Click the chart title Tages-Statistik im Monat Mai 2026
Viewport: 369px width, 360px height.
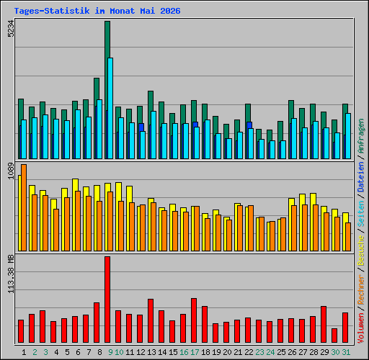[97, 11]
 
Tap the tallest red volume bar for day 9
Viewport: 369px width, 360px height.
[107, 300]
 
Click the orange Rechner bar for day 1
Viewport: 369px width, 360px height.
[24, 207]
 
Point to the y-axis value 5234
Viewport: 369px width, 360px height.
[11, 29]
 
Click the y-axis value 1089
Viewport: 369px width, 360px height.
[11, 171]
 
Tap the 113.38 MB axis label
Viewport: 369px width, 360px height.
[11, 274]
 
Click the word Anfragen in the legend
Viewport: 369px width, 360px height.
[360, 136]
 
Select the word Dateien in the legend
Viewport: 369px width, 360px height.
[360, 177]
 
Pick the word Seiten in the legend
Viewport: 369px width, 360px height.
[360, 214]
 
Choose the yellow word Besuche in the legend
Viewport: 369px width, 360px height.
[360, 251]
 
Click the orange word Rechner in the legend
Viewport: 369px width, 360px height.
[360, 289]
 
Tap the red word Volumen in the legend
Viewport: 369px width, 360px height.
[360, 328]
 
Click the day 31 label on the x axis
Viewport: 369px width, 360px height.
[346, 352]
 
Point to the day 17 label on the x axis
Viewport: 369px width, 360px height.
[195, 352]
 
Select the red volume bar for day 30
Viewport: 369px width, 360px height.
[334, 336]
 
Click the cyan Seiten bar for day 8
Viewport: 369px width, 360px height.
[99, 129]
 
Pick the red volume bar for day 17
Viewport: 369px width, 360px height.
[194, 320]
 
